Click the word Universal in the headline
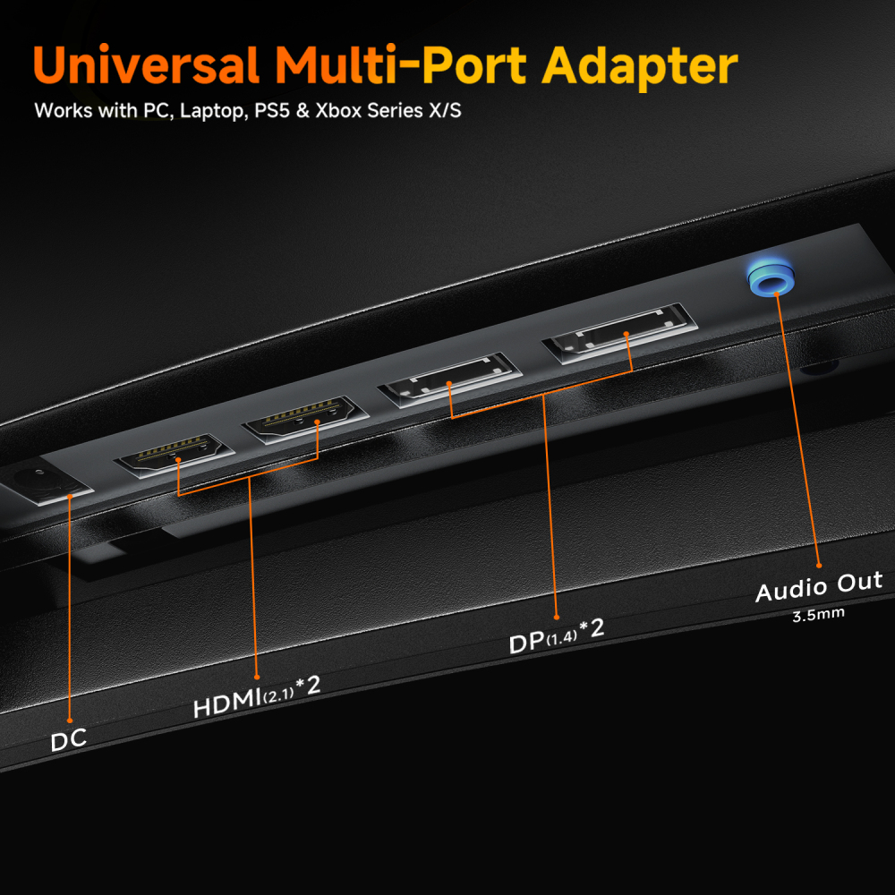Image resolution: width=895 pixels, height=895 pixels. coord(147,64)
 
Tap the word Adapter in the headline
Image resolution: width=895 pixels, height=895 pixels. coord(640,67)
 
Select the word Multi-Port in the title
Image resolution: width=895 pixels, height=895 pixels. coord(401,64)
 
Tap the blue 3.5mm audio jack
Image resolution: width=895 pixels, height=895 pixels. coord(771,277)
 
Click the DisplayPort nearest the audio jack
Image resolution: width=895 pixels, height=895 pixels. coord(620,333)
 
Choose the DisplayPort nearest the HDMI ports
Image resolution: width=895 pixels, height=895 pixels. coord(450,379)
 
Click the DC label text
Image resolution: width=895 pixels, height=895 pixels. coord(69,740)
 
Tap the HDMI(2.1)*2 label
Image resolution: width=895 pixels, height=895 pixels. coord(257,697)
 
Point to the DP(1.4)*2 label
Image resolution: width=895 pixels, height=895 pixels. coord(557,635)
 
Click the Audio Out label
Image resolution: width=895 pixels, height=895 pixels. coord(819,586)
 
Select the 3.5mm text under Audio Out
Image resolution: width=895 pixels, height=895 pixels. coord(819,615)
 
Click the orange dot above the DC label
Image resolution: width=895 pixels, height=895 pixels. coord(70,720)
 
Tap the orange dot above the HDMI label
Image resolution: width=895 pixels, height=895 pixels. coord(257,677)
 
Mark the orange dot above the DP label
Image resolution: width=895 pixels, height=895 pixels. coord(557,617)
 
